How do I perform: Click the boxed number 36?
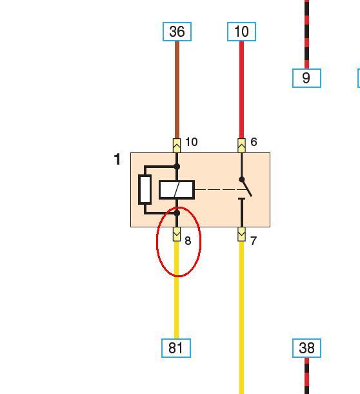click(x=177, y=32)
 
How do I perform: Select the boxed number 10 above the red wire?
click(x=241, y=32)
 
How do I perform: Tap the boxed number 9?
click(x=306, y=78)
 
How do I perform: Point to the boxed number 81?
click(x=176, y=348)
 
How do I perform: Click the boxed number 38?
click(x=306, y=348)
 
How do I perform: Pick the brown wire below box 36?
click(x=177, y=90)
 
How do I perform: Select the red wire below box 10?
click(x=241, y=90)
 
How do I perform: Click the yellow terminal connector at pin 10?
click(x=177, y=145)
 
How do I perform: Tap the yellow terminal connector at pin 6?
click(x=241, y=145)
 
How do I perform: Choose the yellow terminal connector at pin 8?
click(x=177, y=234)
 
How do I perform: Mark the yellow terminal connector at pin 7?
click(x=241, y=234)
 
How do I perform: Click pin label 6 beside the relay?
click(x=254, y=142)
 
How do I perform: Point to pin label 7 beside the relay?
click(x=254, y=241)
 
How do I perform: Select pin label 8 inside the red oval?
click(x=188, y=241)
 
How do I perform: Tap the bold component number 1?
click(x=117, y=160)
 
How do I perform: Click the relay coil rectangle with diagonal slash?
click(x=177, y=190)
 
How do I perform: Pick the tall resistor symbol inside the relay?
click(x=145, y=190)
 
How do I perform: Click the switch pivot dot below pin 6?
click(x=242, y=180)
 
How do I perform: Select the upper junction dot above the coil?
click(x=177, y=167)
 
